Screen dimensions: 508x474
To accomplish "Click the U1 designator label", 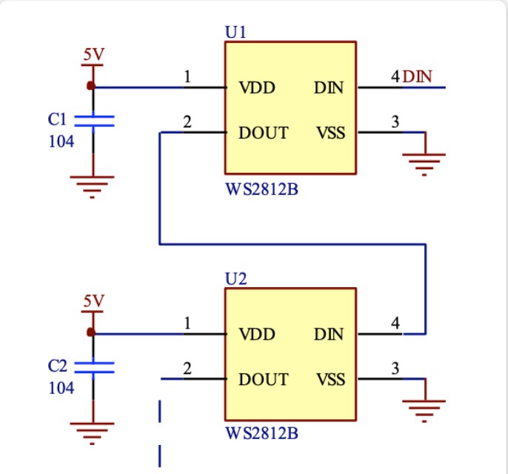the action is point(235,32).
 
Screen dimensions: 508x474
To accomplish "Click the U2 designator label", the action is point(235,279).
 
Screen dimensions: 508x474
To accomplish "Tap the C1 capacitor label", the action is point(57,119).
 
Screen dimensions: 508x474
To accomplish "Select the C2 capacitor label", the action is point(57,366).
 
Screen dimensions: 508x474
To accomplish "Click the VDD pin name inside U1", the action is point(257,88).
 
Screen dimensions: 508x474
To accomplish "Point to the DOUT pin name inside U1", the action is point(263,133).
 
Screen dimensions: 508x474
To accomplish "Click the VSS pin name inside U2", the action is point(331,379).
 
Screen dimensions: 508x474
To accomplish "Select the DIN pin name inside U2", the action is point(329,334).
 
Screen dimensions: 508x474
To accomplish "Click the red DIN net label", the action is point(417,76).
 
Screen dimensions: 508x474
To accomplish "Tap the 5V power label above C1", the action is point(93,54).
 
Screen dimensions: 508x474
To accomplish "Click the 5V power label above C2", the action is point(93,300).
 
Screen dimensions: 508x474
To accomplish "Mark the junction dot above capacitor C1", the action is point(91,85).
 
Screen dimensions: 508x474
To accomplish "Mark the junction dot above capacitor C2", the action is point(91,332).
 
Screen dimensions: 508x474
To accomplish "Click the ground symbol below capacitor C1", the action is point(93,187).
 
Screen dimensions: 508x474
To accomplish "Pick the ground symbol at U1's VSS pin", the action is point(424,165).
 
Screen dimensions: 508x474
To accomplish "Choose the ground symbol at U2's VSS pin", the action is point(424,411).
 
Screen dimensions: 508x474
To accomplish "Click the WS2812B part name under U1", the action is point(261,189).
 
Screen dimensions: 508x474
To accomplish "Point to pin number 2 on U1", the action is point(187,122).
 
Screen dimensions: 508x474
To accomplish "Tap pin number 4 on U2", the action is point(395,323).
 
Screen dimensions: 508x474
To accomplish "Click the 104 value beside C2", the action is point(61,388).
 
